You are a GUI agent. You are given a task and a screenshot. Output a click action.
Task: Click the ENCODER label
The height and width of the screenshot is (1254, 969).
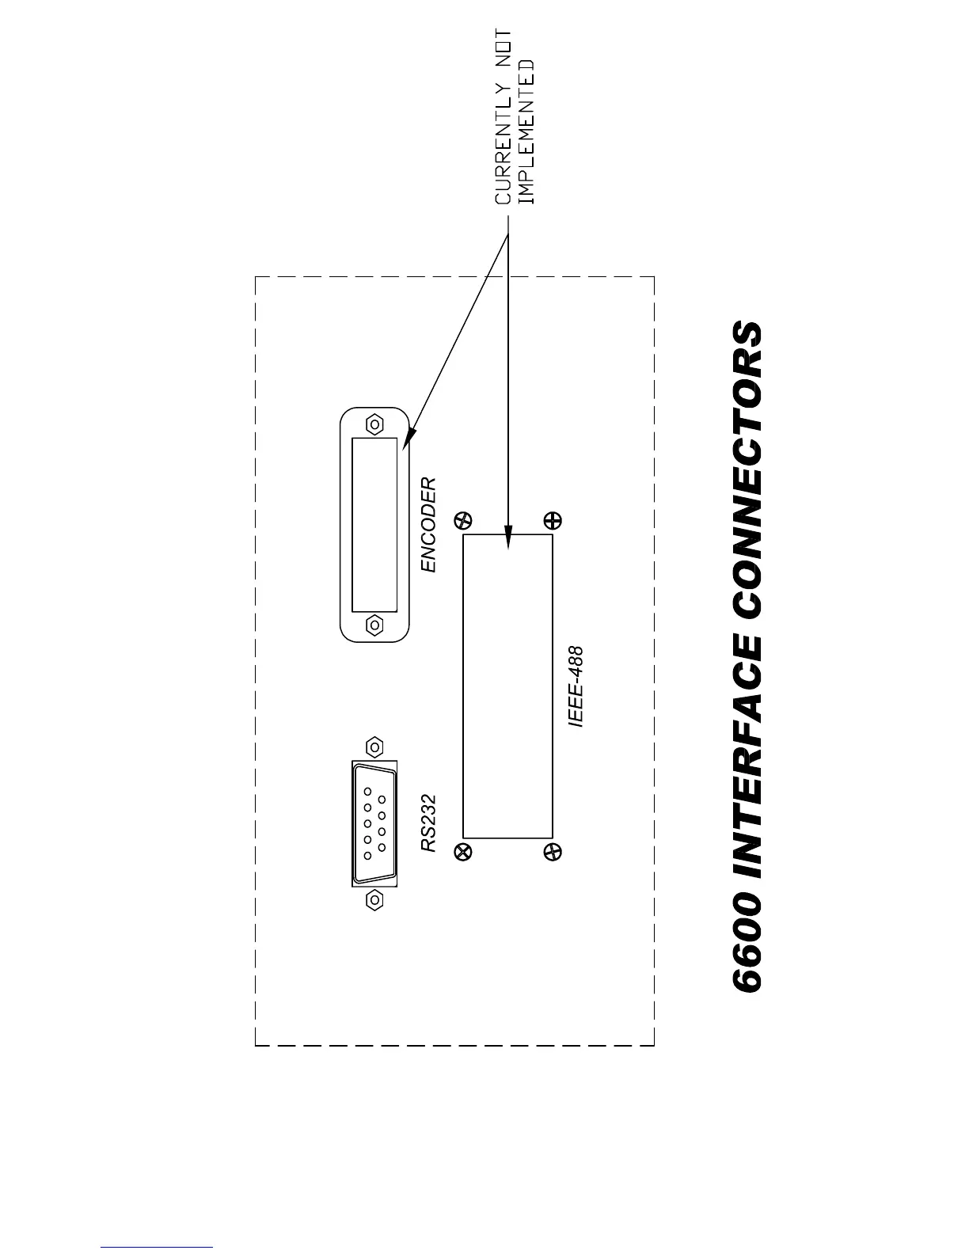pyautogui.click(x=427, y=524)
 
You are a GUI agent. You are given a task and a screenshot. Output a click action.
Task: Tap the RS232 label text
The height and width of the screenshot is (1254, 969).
pyautogui.click(x=428, y=823)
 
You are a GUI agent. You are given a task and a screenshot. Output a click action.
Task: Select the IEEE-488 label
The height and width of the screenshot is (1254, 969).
pyautogui.click(x=576, y=687)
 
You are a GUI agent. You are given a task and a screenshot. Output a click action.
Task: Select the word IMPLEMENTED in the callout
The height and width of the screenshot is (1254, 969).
pyautogui.click(x=526, y=132)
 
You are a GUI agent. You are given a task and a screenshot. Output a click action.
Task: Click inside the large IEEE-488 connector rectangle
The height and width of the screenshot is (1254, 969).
pyautogui.click(x=507, y=686)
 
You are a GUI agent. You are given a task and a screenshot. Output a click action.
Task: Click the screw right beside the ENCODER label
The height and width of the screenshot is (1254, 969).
pyautogui.click(x=464, y=520)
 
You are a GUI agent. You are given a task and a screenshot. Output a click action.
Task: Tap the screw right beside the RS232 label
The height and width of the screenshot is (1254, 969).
pyautogui.click(x=464, y=852)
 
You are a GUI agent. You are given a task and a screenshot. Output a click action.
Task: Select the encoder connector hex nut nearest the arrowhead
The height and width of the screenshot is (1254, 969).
pyautogui.click(x=374, y=424)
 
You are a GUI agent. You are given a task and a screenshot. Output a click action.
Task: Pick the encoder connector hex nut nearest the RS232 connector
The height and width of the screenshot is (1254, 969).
pyautogui.click(x=374, y=625)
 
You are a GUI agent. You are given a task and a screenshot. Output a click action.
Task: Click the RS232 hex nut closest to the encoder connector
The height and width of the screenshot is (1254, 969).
pyautogui.click(x=374, y=747)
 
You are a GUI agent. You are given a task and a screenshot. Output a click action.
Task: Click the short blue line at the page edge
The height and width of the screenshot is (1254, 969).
pyautogui.click(x=157, y=1248)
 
